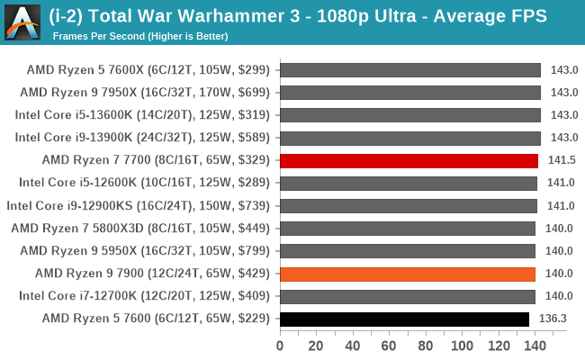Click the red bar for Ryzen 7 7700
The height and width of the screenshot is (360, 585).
coord(409,161)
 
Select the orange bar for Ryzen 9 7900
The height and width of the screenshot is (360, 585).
coord(408,274)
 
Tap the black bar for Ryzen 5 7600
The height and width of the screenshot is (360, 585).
coord(404,319)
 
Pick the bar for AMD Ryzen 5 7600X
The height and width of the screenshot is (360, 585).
coord(410,70)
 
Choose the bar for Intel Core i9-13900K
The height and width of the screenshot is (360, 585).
coord(410,138)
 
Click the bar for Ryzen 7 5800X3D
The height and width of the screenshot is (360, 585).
coord(408,229)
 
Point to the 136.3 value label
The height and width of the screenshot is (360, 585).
coord(553,319)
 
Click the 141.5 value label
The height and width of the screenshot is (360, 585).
coord(562,160)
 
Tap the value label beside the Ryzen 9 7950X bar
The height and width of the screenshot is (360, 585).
coord(564,93)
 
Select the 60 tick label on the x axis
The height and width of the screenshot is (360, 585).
coord(389,346)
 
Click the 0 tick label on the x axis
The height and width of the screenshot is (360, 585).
coord(280,346)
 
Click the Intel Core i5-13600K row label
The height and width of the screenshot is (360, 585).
coord(142,115)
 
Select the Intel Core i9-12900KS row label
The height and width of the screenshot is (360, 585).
coord(138,205)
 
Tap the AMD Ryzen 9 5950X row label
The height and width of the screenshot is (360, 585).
coord(145,251)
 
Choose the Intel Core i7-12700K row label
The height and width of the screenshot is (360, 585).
coord(144,296)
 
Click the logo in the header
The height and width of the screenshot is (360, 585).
coord(22,22)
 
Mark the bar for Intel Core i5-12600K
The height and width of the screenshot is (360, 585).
coord(409,184)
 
